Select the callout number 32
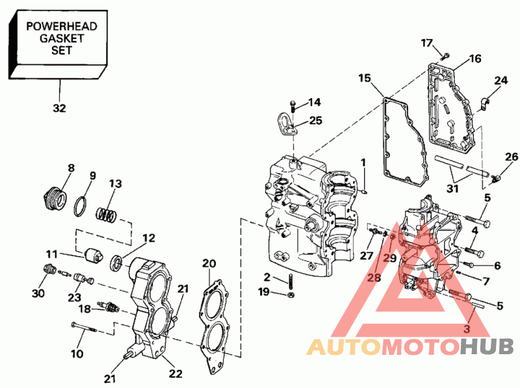(x=59, y=108)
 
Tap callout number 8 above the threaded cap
(x=71, y=169)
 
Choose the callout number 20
(x=209, y=263)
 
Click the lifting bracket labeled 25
(x=285, y=124)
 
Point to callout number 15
(x=365, y=79)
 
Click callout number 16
(x=474, y=59)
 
